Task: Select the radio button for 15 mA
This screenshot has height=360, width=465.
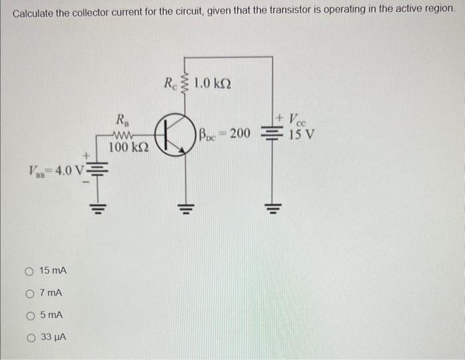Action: [x=29, y=271]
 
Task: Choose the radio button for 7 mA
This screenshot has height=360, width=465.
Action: [x=29, y=293]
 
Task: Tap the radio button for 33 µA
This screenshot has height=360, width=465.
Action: [x=29, y=337]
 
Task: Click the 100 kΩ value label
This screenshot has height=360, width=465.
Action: [x=128, y=147]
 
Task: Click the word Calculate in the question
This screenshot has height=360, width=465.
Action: [x=33, y=13]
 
